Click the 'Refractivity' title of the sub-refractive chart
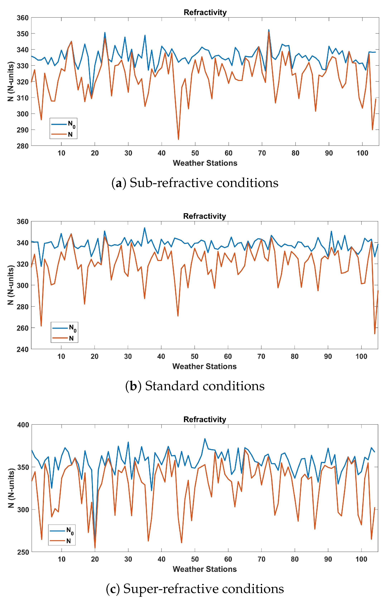pos(205,12)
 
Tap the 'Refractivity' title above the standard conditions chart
pos(205,216)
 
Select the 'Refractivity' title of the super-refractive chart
pos(205,419)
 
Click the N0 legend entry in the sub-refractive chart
pos(63,124)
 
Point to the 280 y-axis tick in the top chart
pos(23,146)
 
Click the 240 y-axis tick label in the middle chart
pos(23,349)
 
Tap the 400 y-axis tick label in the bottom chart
pos(23,425)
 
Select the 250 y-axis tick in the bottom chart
pos(23,552)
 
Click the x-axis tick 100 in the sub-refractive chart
pos(362,153)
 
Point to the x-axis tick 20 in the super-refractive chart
pos(95,559)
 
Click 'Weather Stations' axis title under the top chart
pos(205,163)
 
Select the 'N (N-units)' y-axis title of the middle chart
pos(11,285)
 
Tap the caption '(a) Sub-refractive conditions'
pos(195,183)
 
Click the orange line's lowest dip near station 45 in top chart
pos(178,139)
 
